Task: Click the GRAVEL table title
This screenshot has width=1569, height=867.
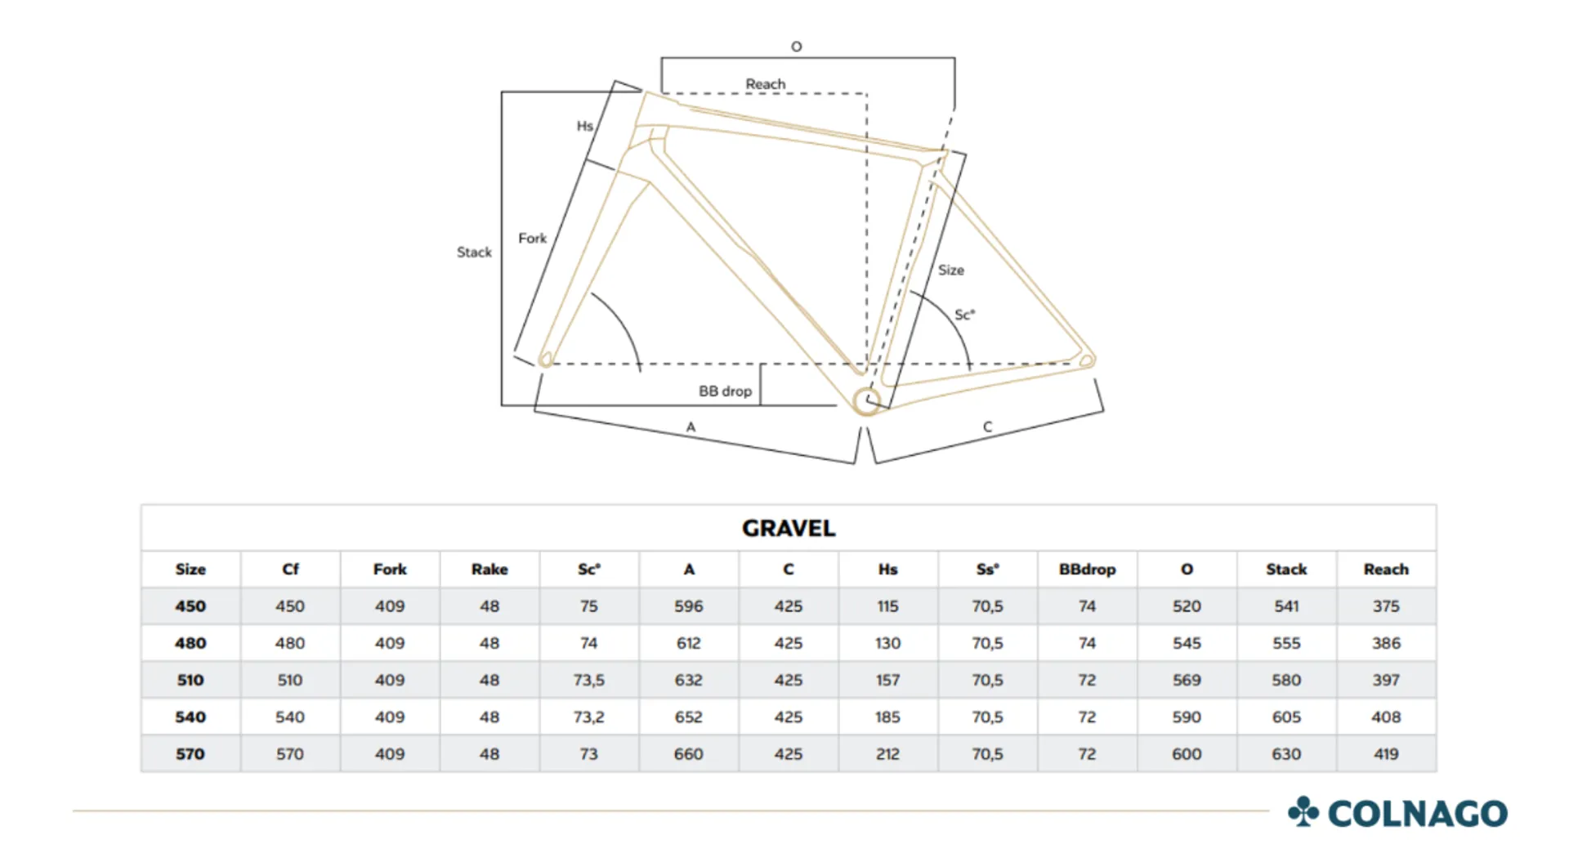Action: [789, 528]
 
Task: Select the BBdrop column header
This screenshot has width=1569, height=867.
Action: [1087, 570]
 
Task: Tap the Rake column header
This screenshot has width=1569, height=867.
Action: [489, 570]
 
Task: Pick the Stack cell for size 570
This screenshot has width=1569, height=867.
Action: [1286, 753]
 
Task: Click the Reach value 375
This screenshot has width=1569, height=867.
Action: [1386, 606]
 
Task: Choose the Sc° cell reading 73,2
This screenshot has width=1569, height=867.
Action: [589, 717]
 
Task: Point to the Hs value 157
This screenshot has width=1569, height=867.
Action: [887, 680]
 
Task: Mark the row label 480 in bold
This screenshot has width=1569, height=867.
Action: [190, 643]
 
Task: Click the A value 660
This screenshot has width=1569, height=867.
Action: [688, 753]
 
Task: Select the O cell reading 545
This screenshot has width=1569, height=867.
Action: [1187, 643]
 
